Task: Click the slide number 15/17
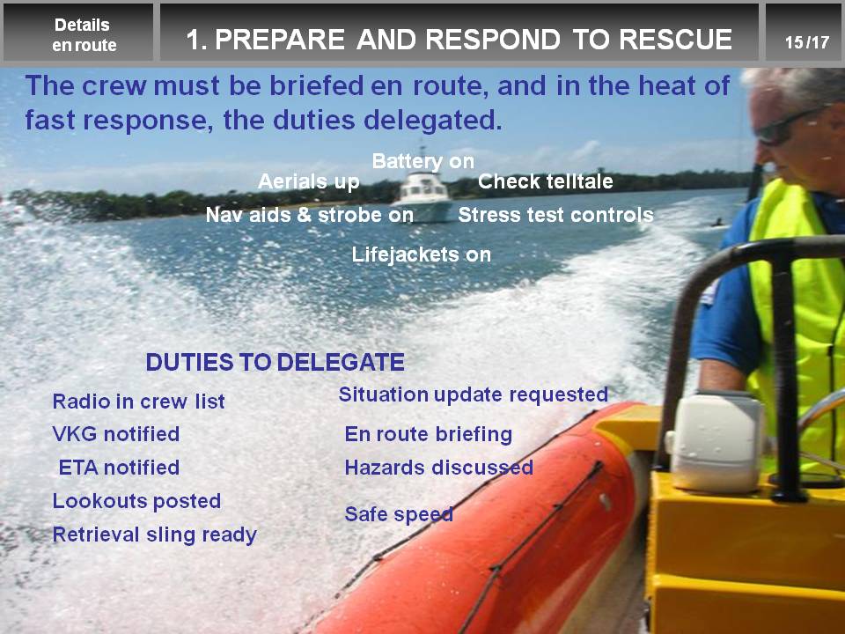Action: pyautogui.click(x=807, y=42)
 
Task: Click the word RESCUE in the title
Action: pyautogui.click(x=675, y=39)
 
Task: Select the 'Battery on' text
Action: pyautogui.click(x=423, y=161)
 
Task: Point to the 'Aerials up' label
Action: pyautogui.click(x=309, y=181)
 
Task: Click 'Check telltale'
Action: pyautogui.click(x=546, y=181)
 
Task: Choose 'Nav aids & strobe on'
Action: pyautogui.click(x=309, y=215)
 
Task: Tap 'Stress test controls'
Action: pyautogui.click(x=555, y=215)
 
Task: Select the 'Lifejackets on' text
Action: pyautogui.click(x=422, y=254)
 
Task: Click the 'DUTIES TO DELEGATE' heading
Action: pyautogui.click(x=275, y=362)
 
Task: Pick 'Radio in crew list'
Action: pyautogui.click(x=138, y=402)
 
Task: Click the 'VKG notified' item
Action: pyautogui.click(x=116, y=434)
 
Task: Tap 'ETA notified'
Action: pyautogui.click(x=119, y=468)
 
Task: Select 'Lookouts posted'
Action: pyautogui.click(x=136, y=501)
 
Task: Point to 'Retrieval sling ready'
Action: pyautogui.click(x=155, y=534)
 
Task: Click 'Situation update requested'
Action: pyautogui.click(x=474, y=394)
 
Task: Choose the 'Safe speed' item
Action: pyautogui.click(x=399, y=514)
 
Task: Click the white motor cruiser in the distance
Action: pyautogui.click(x=424, y=196)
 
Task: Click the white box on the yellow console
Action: pyautogui.click(x=716, y=441)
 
